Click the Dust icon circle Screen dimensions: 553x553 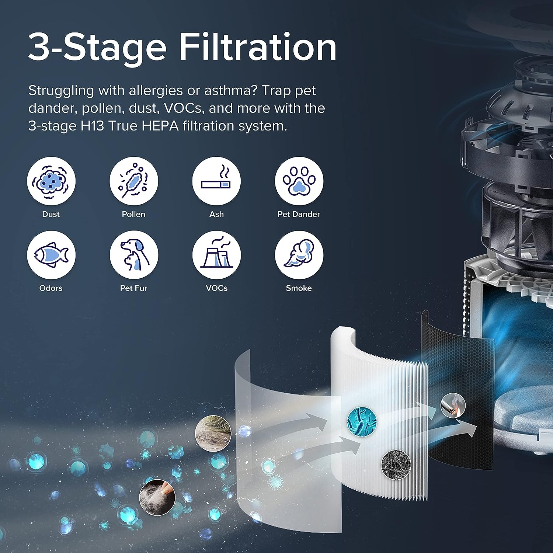51,181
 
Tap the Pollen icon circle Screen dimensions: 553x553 134,181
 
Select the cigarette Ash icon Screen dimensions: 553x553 216,181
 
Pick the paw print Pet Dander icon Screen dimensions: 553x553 299,181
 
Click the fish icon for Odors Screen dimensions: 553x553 51,255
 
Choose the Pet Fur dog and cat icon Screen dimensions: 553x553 134,255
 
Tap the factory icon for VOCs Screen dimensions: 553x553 216,255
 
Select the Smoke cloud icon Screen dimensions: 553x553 299,255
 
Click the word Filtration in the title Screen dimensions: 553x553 258,47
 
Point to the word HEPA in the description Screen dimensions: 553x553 160,126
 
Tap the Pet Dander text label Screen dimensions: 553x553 299,214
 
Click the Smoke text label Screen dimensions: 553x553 299,288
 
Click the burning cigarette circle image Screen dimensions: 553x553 453,406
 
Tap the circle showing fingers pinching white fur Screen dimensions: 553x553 157,497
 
